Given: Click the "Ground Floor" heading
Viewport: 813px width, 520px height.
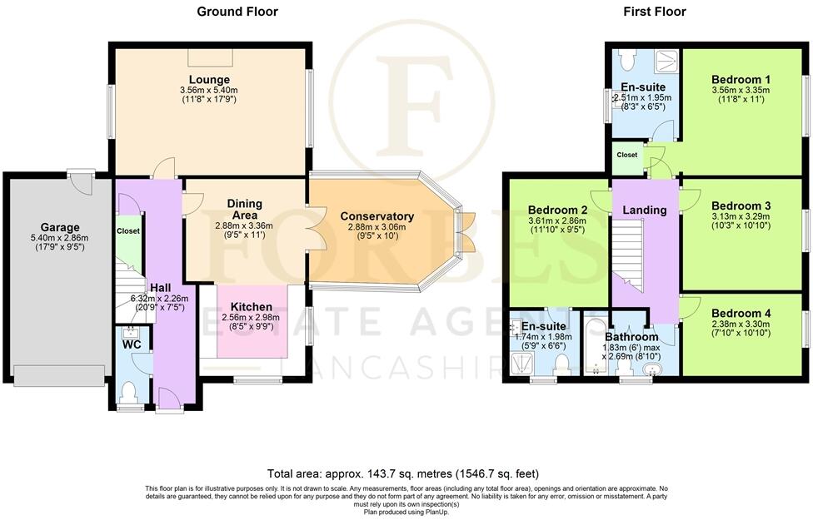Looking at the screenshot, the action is (237, 12).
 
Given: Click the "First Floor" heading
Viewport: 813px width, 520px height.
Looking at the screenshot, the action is (655, 12).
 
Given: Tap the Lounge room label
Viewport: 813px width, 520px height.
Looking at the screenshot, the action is (209, 80).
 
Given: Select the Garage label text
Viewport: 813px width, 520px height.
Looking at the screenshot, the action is (60, 227).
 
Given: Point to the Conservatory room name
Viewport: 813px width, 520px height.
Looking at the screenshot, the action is (377, 216).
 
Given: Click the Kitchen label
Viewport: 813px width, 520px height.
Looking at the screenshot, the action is (251, 307).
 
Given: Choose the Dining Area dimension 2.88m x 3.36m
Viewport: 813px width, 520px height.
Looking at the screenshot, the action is (244, 225).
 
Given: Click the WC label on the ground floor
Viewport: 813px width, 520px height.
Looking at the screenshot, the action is (132, 344).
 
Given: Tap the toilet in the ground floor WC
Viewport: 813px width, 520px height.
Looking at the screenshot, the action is (127, 392).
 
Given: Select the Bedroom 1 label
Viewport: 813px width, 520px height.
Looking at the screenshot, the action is (741, 80).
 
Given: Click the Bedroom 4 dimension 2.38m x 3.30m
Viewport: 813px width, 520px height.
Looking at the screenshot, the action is (741, 324).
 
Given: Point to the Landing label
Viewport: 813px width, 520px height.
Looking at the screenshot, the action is (645, 210).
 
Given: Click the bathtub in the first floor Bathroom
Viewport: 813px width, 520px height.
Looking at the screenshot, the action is (596, 344).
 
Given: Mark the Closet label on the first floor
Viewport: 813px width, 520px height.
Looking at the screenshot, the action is (627, 155).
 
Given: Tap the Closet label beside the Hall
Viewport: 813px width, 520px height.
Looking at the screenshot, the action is (128, 231).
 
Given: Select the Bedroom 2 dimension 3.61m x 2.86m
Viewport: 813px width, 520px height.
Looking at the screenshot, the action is (557, 220).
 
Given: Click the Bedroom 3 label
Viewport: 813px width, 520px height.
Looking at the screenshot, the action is (741, 206).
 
